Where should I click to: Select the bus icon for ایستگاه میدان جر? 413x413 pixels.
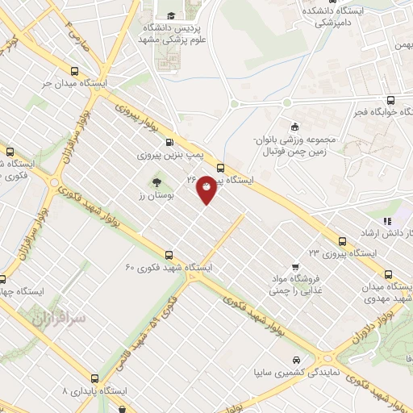click(75, 69)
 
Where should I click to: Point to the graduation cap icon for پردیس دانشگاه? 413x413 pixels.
click(170, 15)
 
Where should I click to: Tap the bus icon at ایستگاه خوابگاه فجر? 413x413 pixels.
click(391, 100)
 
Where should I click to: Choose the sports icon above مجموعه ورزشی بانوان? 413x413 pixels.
click(295, 126)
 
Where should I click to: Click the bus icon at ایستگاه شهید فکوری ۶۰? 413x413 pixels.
click(168, 253)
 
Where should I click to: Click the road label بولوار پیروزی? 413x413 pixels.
click(144, 120)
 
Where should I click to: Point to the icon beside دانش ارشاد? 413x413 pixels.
click(388, 220)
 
